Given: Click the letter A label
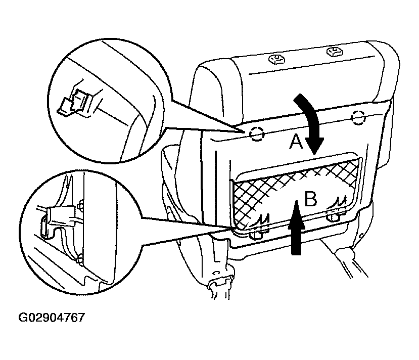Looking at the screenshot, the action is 296,142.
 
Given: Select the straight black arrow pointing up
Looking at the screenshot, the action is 296,228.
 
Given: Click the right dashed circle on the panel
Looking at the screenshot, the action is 358,118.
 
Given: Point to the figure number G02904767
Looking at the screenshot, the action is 52,318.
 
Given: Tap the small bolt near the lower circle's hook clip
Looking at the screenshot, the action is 79,206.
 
